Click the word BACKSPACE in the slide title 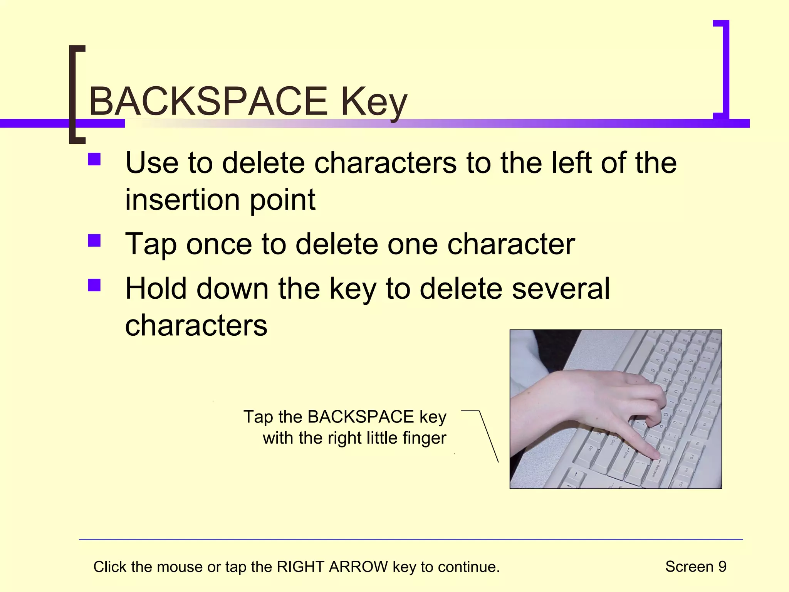tap(208, 101)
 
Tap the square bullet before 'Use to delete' tap(94, 160)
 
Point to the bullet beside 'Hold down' tap(94, 286)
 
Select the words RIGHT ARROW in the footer tap(332, 567)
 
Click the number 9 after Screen tap(722, 567)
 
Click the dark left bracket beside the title tap(73, 92)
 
